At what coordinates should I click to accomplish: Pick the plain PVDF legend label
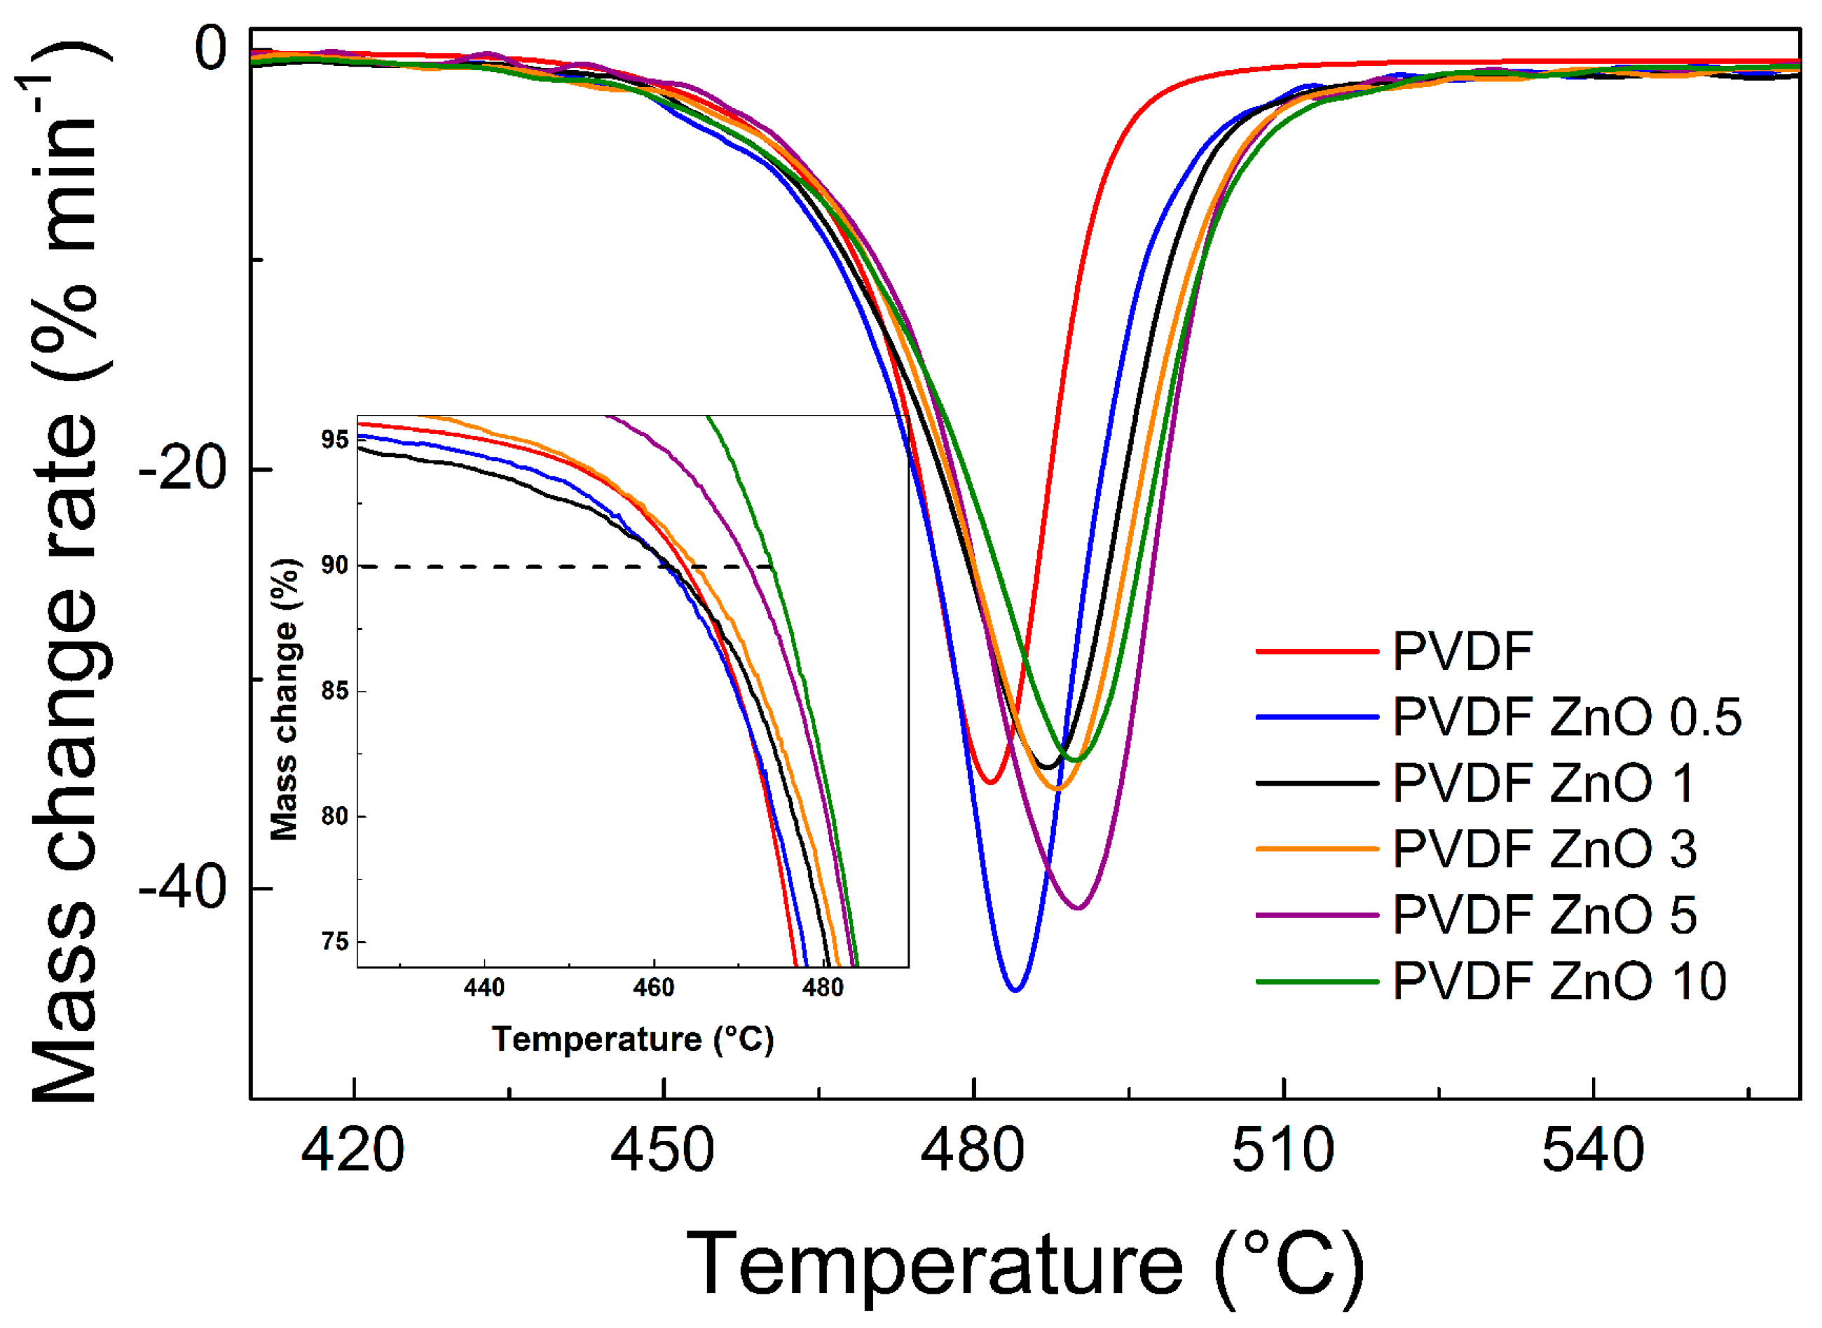pos(1462,650)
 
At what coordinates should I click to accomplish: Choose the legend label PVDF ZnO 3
pos(1544,849)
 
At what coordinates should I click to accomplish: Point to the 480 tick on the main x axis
pos(973,1150)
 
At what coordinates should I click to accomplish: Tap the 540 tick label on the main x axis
pos(1593,1150)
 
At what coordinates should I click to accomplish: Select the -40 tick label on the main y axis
pos(183,889)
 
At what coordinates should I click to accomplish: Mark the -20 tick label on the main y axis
pos(183,469)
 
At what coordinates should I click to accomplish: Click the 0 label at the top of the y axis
pos(212,48)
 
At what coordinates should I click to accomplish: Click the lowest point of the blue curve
pos(1015,990)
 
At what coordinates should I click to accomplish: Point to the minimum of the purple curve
pos(1078,908)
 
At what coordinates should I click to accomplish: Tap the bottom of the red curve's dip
pos(991,782)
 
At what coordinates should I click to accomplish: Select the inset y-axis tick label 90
pos(334,566)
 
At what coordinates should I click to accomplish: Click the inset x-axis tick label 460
pos(653,988)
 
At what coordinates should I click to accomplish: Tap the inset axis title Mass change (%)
pos(285,699)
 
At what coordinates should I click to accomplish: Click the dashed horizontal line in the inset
pos(522,567)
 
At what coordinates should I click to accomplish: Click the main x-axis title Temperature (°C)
pos(1025,1264)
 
